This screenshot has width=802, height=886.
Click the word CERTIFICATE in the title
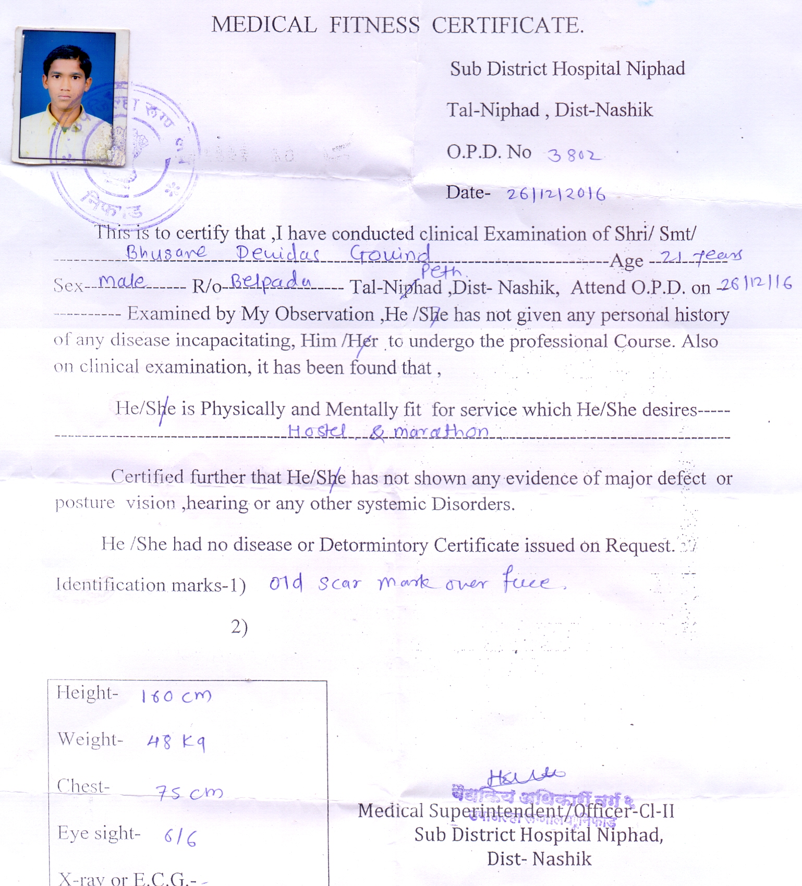point(507,26)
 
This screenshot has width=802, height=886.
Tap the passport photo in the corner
point(70,96)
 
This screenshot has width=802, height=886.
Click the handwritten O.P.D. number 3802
point(574,155)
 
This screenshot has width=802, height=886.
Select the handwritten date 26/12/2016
point(556,195)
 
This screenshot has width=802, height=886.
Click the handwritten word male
point(123,282)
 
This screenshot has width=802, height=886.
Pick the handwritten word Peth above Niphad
point(441,271)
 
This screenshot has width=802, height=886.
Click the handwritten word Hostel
point(317,431)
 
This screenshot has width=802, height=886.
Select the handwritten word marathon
point(441,431)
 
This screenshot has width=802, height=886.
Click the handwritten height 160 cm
point(176,696)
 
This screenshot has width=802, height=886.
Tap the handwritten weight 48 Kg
point(176,742)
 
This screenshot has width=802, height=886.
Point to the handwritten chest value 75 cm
point(189,793)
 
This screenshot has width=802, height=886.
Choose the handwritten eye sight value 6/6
point(180,837)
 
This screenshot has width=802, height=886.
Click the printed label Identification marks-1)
point(151,585)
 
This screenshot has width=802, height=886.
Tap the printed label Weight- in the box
point(90,739)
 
